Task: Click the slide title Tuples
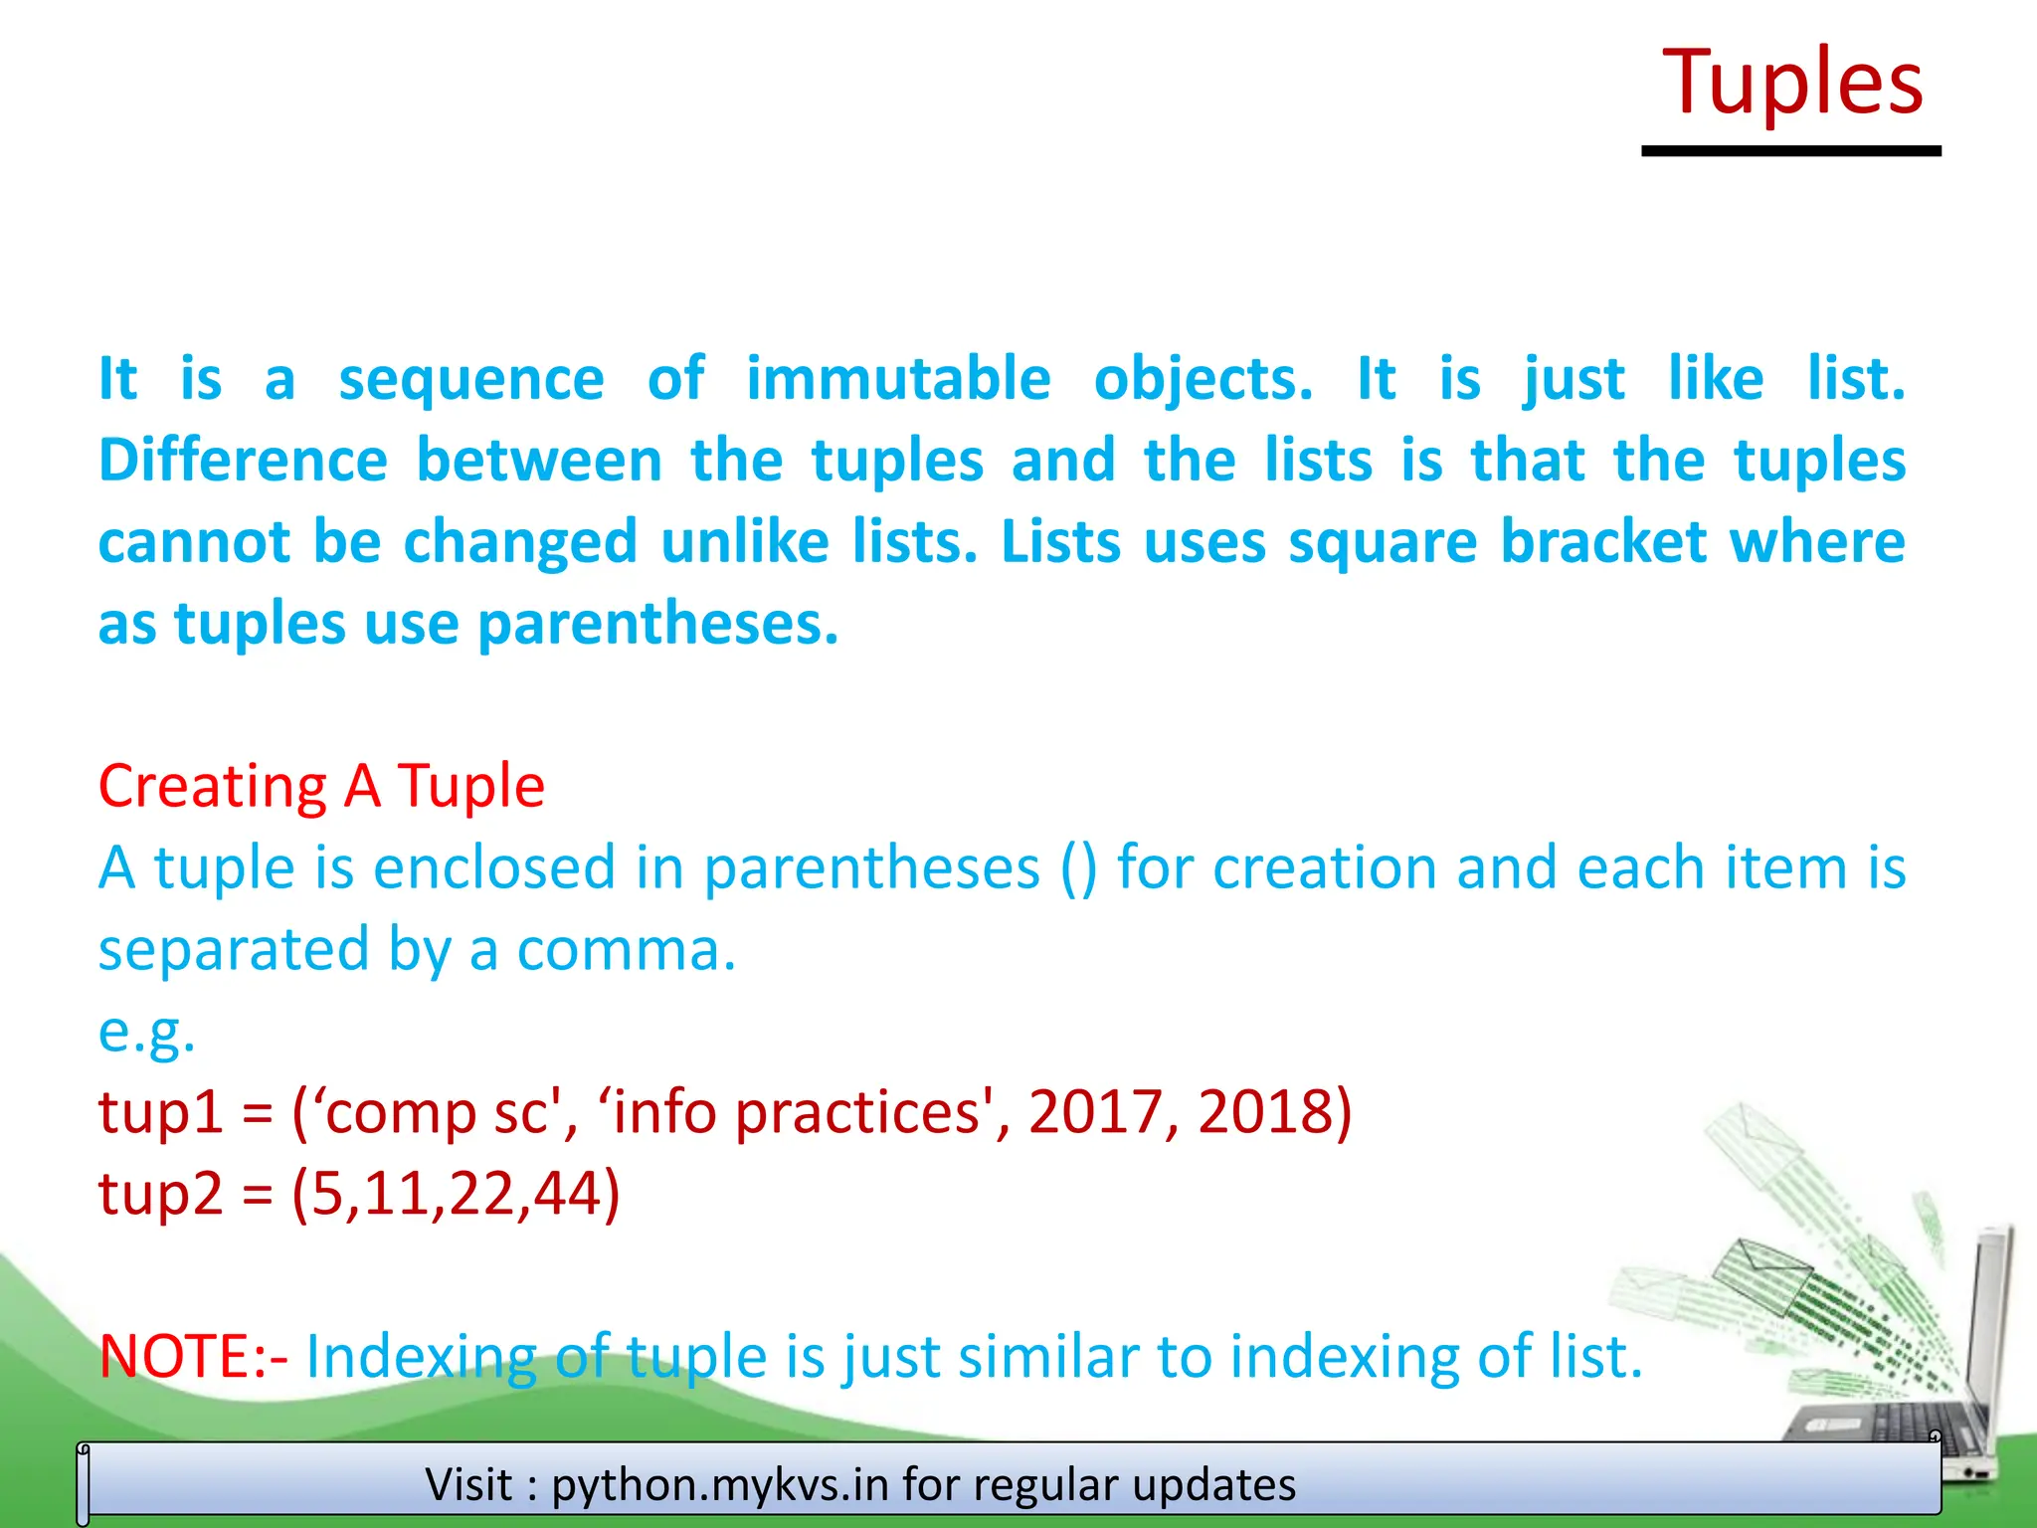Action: (x=1792, y=83)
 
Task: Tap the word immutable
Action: (x=898, y=379)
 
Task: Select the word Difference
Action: (x=243, y=461)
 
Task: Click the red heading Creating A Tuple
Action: (x=321, y=786)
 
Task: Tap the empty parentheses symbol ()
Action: (x=1079, y=867)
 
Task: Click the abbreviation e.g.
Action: (x=146, y=1032)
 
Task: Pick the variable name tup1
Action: (x=160, y=1112)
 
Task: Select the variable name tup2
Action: (x=160, y=1194)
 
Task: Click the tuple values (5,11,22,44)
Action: (x=456, y=1194)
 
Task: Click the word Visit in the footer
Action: (x=469, y=1485)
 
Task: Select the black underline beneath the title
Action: (x=1790, y=151)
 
